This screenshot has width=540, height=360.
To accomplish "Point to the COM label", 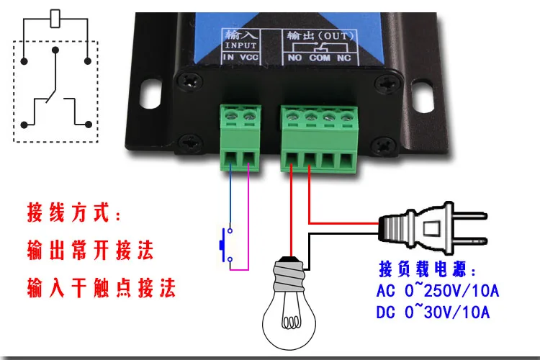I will (x=320, y=57).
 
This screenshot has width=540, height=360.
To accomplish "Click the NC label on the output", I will (x=345, y=57).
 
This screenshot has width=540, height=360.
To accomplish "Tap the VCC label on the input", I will (x=249, y=57).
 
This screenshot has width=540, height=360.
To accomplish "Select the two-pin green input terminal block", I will (x=241, y=137).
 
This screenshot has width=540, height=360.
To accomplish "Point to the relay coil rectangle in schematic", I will (x=55, y=19).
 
